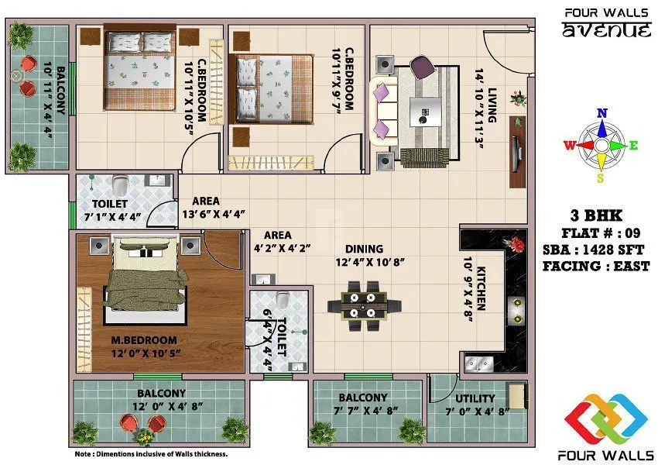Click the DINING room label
coord(364,249)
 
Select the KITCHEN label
coord(481,288)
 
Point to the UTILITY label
coord(475,398)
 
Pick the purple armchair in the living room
coord(423,67)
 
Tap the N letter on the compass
coord(601,113)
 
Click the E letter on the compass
coord(633,145)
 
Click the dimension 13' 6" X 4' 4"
coord(213,214)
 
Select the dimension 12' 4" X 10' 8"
coord(370,262)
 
